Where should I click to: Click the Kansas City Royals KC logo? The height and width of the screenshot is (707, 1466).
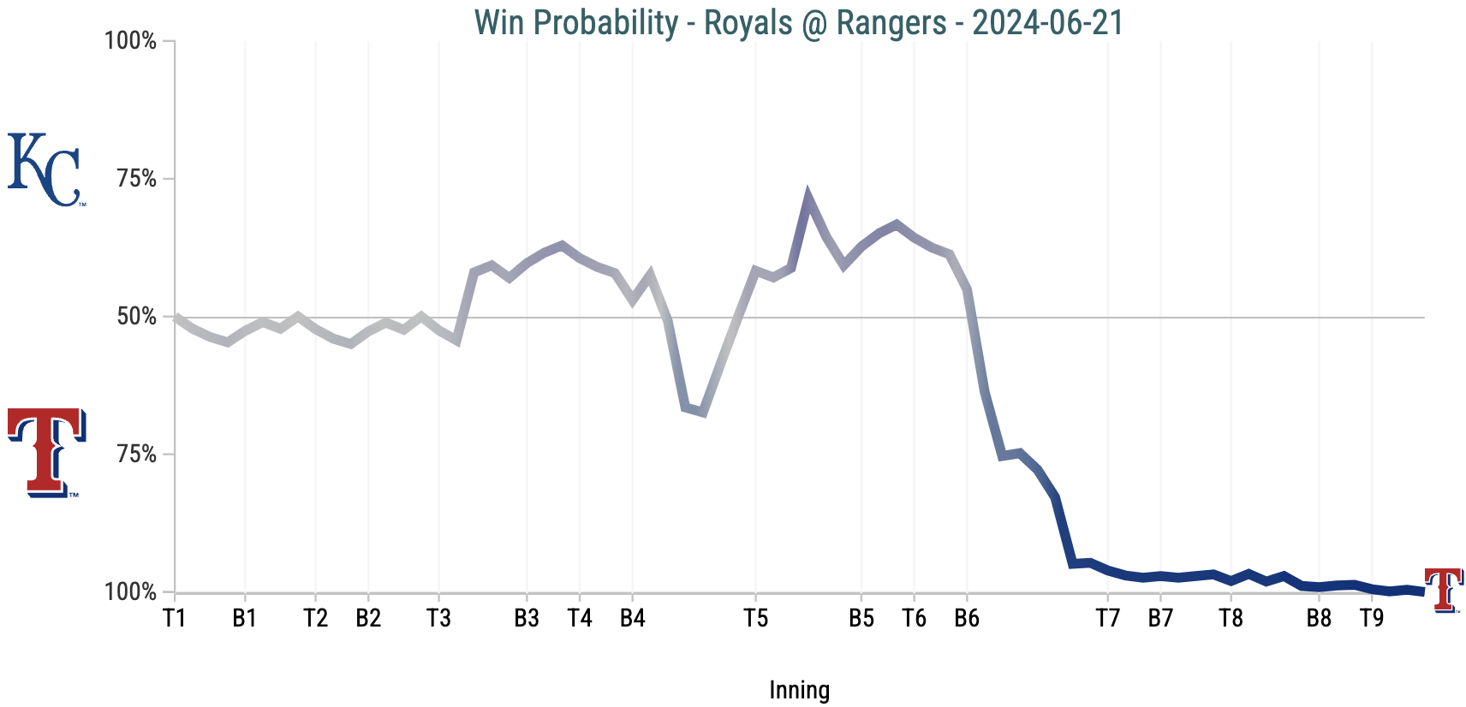45,169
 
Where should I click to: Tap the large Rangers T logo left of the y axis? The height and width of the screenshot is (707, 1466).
45,452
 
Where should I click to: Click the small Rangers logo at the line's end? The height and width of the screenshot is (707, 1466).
1443,590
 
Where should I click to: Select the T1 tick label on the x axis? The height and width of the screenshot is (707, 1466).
175,618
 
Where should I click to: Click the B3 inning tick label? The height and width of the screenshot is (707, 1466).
527,618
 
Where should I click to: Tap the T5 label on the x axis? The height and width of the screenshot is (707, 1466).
755,618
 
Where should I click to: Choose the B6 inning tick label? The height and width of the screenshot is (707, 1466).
967,618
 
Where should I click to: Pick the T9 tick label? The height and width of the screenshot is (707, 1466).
1372,618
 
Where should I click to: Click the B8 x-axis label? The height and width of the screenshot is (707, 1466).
1319,618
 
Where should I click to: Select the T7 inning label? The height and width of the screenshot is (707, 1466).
1108,618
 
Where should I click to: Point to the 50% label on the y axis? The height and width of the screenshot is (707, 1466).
137,317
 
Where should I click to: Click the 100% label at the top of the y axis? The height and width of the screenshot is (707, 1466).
131,41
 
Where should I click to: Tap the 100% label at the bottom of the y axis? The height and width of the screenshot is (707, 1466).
131,591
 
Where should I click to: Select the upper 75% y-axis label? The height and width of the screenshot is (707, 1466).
137,179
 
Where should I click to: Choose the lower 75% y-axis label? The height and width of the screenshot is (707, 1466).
137,454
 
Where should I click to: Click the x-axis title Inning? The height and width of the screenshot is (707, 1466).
799,690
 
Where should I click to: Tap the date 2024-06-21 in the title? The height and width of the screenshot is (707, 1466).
1047,23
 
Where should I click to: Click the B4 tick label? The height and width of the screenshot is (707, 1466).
632,618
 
